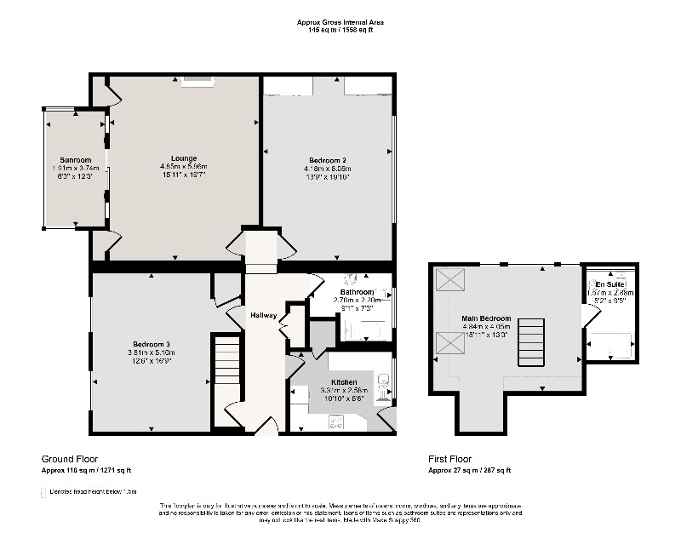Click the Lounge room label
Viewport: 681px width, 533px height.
tap(184, 158)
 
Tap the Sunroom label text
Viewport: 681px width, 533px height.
tap(75, 160)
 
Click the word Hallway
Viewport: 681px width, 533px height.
tap(263, 316)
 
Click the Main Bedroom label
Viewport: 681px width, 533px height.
tap(486, 318)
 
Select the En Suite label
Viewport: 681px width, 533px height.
tap(609, 284)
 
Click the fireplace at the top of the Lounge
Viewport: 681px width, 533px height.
tap(198, 81)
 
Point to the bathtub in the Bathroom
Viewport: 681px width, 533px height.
tap(366, 330)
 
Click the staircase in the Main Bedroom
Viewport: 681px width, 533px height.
tap(529, 342)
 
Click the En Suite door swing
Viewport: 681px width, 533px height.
tap(588, 316)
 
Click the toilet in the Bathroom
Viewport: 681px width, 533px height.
tap(350, 278)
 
